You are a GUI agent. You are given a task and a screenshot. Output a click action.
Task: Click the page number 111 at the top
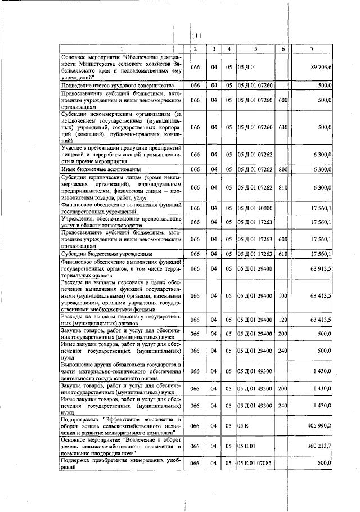(196, 37)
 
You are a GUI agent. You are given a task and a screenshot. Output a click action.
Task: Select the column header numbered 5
(255, 50)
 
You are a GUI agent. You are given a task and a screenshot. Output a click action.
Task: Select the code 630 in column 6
(282, 127)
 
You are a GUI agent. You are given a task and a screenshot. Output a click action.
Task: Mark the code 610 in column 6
(282, 254)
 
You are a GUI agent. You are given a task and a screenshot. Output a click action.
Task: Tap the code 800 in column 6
(282, 169)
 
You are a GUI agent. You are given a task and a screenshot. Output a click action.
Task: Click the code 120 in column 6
(282, 320)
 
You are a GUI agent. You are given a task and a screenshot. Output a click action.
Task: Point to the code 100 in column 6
(282, 295)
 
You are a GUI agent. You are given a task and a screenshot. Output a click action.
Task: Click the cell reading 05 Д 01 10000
(255, 208)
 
